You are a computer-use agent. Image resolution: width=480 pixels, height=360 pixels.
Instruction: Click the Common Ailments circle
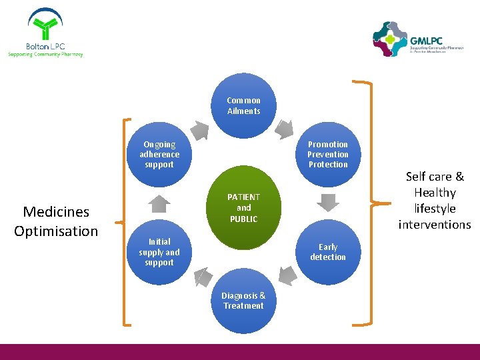[243, 106]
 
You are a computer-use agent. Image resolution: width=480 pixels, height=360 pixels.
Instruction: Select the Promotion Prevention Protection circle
[328, 155]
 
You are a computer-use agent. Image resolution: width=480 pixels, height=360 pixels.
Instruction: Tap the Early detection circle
[328, 252]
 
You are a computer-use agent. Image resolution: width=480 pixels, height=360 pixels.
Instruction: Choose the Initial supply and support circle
[159, 252]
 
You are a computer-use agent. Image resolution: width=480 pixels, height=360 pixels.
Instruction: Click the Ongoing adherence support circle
[159, 155]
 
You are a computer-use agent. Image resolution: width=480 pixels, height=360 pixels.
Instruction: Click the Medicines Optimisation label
[56, 221]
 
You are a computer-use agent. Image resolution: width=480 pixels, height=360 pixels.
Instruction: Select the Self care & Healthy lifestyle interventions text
[435, 201]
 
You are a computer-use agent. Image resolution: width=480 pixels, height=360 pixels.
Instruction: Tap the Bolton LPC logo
[45, 33]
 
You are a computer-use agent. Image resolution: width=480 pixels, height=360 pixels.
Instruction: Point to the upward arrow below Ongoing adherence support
[159, 203]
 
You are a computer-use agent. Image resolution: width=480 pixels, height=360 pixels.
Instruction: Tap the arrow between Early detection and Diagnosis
[287, 274]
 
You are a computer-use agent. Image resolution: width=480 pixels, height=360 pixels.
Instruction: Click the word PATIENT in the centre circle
[243, 197]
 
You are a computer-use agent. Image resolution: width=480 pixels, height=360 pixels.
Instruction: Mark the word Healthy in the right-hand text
[435, 193]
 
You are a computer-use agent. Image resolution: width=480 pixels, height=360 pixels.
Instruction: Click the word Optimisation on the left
[56, 231]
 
